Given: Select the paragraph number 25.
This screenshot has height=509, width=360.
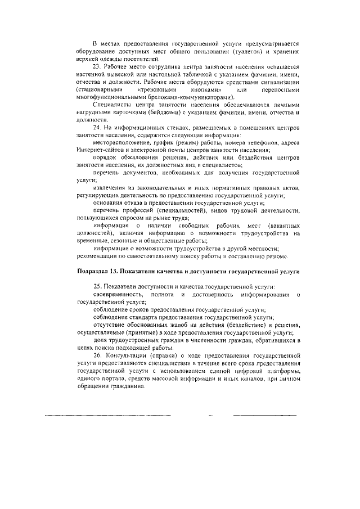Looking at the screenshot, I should point(98,287).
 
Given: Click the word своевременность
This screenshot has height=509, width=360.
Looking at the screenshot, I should point(118,295).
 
